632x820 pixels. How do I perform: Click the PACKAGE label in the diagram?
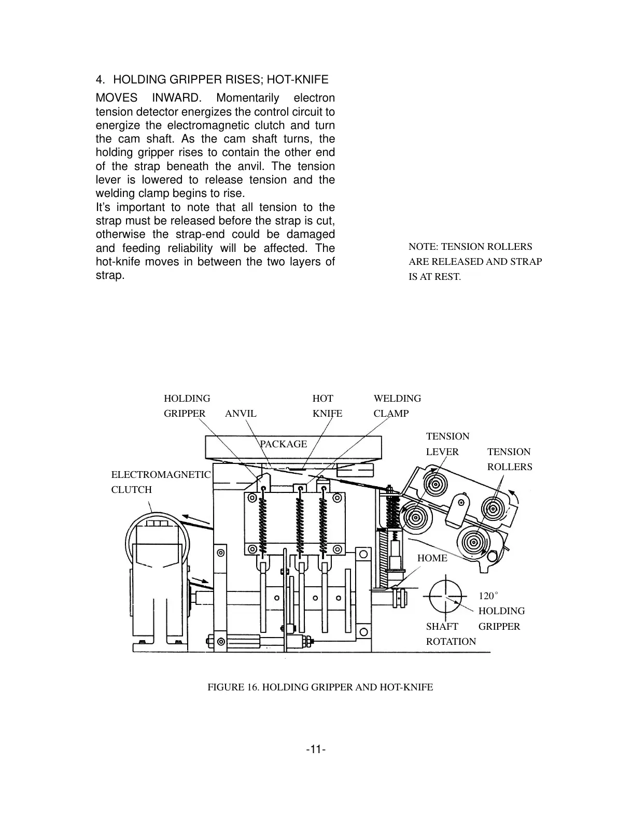(x=283, y=444)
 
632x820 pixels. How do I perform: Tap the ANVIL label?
(x=241, y=414)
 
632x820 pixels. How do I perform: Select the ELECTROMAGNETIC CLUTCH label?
(x=161, y=482)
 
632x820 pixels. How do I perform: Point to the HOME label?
(x=432, y=558)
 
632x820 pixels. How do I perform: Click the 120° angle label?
(x=488, y=596)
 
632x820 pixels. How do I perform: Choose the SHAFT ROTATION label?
(x=451, y=634)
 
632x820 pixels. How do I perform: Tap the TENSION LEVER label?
(x=447, y=444)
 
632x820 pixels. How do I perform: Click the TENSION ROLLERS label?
(x=509, y=459)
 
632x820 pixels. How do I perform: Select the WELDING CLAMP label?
(x=397, y=406)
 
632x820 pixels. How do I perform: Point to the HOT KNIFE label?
(x=327, y=406)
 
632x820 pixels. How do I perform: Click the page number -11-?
(x=315, y=750)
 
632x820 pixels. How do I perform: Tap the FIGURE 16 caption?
(x=320, y=687)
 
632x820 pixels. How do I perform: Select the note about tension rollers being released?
(x=475, y=262)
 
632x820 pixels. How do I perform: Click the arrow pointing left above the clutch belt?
(x=195, y=519)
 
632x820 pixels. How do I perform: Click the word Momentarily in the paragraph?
(x=247, y=98)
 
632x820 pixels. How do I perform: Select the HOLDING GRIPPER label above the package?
(x=187, y=406)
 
